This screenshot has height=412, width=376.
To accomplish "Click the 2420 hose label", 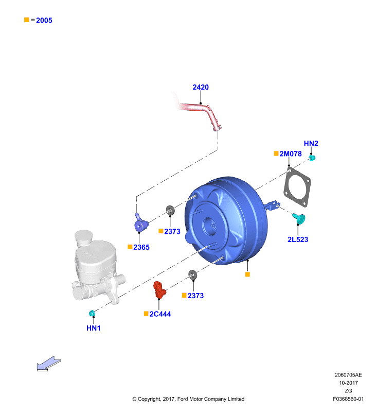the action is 201,87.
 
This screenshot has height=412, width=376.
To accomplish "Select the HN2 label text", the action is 311,144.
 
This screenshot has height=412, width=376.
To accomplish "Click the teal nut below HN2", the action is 312,158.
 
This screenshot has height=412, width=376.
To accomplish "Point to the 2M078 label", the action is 291,153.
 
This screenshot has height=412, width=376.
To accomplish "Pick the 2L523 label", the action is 298,239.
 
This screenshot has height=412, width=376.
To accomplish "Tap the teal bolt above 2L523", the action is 299,218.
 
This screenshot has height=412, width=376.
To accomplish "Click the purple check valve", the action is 141,224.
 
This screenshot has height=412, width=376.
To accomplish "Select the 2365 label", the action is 141,247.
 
